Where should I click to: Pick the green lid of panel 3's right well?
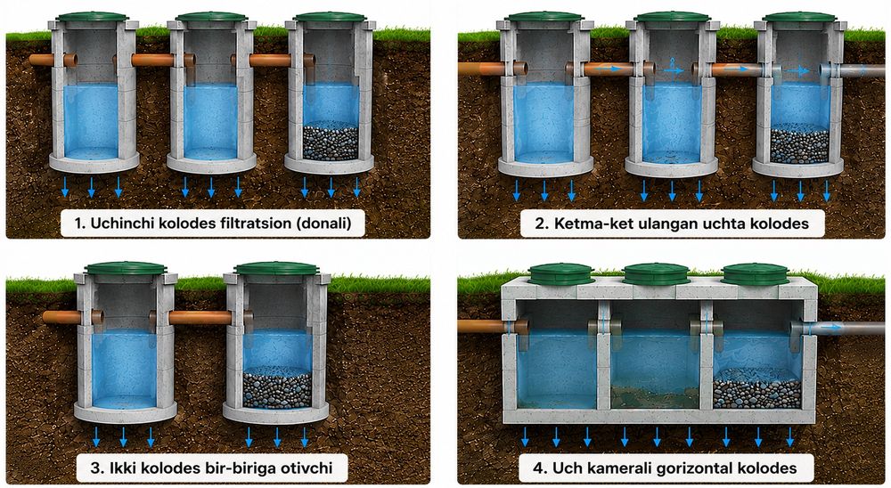pyautogui.click(x=277, y=268)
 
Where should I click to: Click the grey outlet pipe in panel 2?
pyautogui.click(x=853, y=70)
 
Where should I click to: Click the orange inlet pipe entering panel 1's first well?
pyautogui.click(x=53, y=60)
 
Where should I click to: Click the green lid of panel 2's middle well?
pyautogui.click(x=672, y=17)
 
